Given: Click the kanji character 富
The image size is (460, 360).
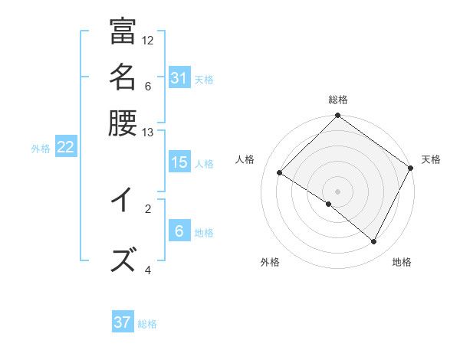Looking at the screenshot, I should [x=123, y=31].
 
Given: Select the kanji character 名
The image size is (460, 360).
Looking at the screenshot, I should [x=123, y=77].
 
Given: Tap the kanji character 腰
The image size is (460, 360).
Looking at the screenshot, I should [x=123, y=122].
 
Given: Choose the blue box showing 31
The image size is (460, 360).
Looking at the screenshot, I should [x=179, y=78].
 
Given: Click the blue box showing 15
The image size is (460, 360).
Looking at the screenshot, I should [x=179, y=162].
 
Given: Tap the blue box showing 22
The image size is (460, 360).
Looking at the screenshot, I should [x=65, y=148].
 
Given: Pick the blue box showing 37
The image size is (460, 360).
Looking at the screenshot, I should [x=123, y=322].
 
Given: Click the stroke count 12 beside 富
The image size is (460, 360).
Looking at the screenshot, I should [x=148, y=40].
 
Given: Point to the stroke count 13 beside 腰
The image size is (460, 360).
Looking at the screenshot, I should [x=148, y=133].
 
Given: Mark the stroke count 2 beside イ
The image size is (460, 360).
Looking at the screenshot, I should [x=148, y=208].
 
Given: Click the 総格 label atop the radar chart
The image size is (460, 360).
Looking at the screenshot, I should [x=338, y=100].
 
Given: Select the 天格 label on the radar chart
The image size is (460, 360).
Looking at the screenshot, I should [x=431, y=159].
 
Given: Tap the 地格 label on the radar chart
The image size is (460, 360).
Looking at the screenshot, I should [x=402, y=262].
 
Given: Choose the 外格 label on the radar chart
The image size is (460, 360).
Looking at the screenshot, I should [x=270, y=262].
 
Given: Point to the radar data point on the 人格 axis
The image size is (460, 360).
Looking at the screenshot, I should [x=280, y=173].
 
